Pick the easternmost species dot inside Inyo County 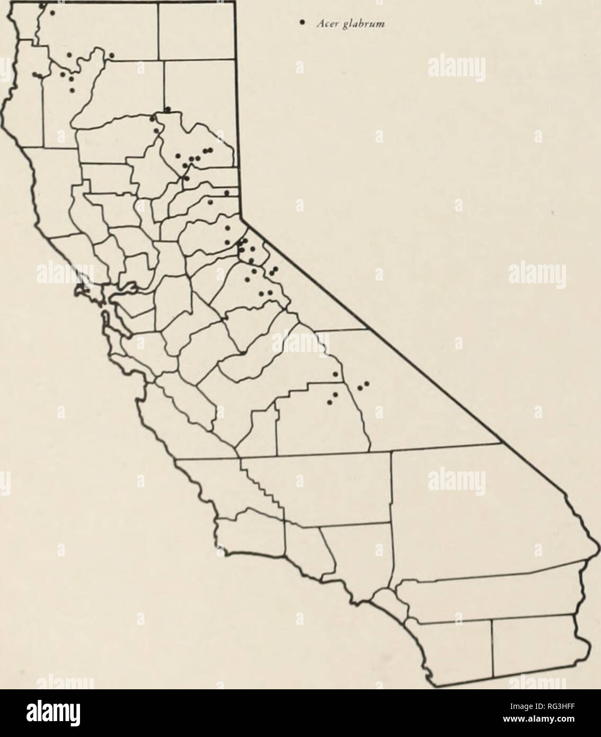[366, 383]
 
